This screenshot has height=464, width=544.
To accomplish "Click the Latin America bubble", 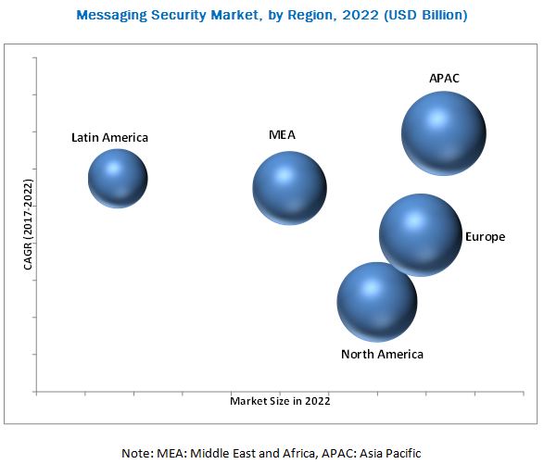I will (118, 178).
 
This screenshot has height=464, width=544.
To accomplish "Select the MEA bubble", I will (289, 187).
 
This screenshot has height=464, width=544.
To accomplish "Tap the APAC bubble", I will (443, 134).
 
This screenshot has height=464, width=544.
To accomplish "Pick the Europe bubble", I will (420, 234).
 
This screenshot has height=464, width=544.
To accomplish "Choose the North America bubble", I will (376, 301).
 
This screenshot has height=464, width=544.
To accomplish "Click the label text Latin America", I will (109, 138).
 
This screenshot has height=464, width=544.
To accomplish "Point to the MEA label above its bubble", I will (282, 134).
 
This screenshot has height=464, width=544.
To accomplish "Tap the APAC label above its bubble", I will (444, 79).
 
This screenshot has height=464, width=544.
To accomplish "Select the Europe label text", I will (486, 237).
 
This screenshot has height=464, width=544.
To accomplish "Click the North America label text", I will (382, 355).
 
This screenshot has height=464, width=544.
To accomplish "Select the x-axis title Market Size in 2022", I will (280, 402).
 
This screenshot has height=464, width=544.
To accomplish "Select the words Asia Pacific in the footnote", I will (388, 453).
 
